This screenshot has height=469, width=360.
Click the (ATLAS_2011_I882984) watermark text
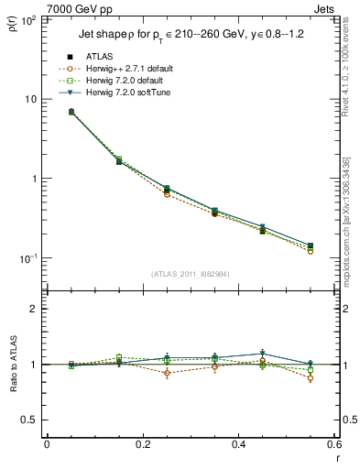tap(189, 274)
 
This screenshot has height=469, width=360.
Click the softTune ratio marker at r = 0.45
tap(262, 353)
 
